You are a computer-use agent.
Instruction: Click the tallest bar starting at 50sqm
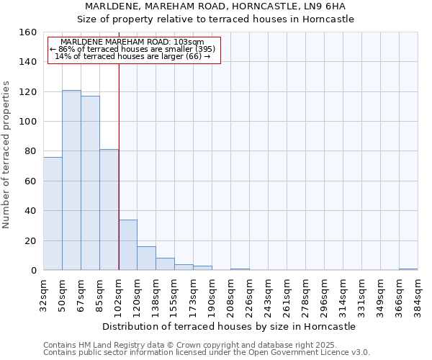click(71, 180)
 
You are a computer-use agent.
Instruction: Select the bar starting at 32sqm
click(53, 214)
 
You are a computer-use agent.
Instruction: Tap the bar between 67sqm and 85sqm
click(90, 183)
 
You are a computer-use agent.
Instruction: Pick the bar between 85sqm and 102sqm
click(109, 210)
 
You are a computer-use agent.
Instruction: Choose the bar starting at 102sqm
click(127, 245)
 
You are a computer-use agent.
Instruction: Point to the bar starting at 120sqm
click(146, 258)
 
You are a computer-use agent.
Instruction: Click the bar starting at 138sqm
click(165, 264)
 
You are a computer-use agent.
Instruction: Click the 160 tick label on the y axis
click(27, 32)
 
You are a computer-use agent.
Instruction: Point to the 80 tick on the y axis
click(30, 151)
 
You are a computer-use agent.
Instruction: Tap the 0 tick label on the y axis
click(33, 270)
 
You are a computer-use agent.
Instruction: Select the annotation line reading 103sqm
click(133, 42)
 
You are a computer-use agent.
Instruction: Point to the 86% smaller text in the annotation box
click(133, 49)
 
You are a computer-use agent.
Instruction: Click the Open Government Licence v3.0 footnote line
click(206, 352)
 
